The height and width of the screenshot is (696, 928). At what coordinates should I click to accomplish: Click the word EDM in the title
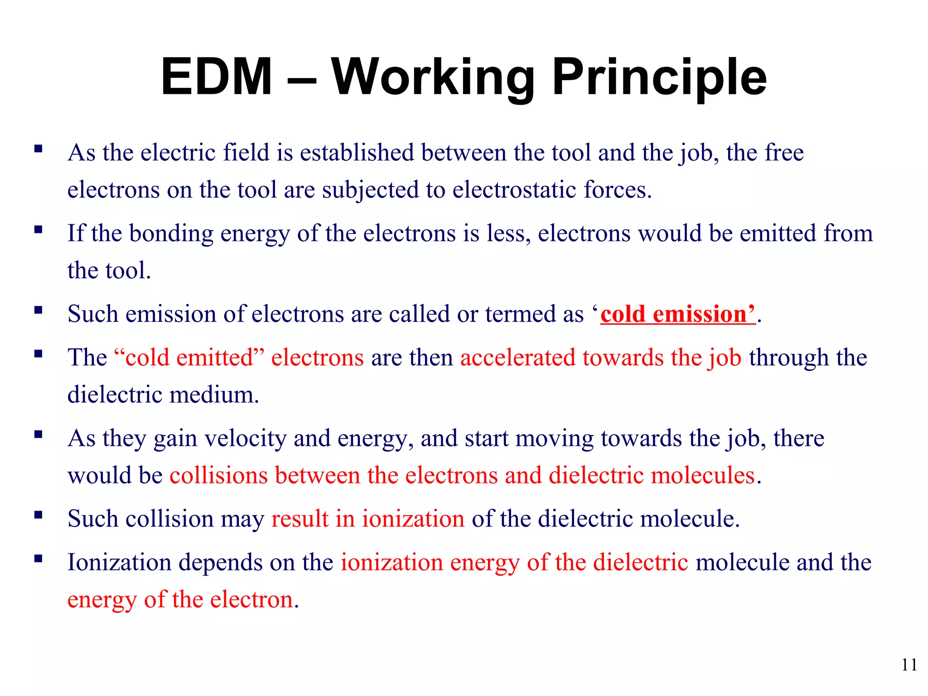(x=217, y=77)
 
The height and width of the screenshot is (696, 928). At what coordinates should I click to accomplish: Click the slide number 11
(x=909, y=665)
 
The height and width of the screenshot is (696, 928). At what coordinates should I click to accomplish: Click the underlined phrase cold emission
(x=677, y=314)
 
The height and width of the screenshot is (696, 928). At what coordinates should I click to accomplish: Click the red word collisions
(x=218, y=475)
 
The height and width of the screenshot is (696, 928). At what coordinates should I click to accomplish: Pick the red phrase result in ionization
(x=367, y=518)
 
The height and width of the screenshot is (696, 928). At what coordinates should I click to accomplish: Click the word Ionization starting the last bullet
(x=119, y=562)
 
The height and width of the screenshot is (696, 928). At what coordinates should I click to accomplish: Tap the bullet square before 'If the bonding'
(x=39, y=229)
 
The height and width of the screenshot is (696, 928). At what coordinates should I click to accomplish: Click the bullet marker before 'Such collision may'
(x=39, y=515)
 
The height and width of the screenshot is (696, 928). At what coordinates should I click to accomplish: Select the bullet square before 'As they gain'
(x=39, y=435)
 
